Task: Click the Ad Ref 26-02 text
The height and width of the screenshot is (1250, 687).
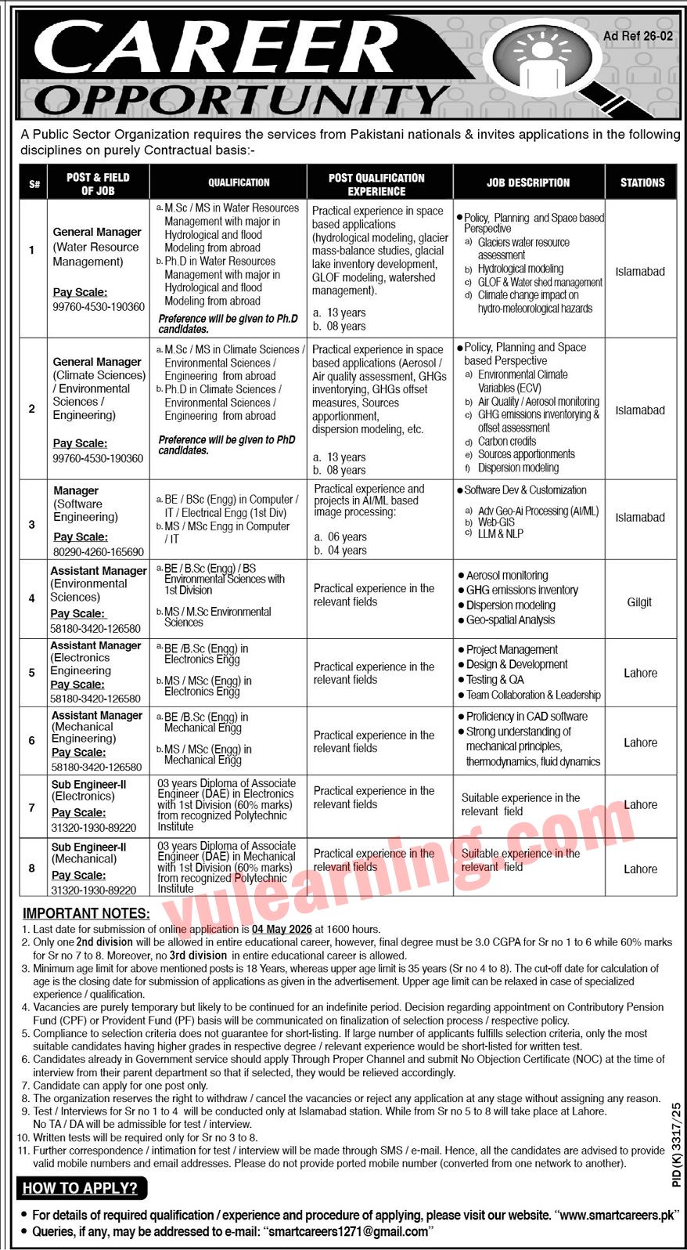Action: point(638,36)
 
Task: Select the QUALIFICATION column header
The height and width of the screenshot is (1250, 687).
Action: point(239,182)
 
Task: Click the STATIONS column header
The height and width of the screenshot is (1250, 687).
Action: point(642,182)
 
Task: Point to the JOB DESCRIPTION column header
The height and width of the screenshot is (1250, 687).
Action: point(528,182)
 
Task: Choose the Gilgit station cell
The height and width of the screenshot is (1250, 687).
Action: point(639,602)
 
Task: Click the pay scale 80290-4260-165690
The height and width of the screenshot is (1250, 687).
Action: point(99,551)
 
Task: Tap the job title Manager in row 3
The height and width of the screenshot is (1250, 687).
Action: point(76,490)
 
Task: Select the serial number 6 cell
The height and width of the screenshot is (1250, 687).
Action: point(32,740)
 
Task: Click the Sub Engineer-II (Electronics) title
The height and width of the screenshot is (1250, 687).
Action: point(88,789)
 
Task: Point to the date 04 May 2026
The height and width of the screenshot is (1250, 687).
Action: point(282,929)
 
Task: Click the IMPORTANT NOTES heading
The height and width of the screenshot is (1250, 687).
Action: point(86,913)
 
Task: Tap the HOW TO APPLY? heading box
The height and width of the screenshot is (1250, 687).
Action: point(81,1188)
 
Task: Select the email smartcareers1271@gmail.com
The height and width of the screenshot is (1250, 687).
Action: point(347,1231)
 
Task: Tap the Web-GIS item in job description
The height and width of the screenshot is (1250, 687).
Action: point(496,522)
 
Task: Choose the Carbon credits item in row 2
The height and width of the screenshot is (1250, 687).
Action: point(507,441)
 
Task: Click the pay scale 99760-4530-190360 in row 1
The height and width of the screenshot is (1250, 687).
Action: point(99,306)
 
